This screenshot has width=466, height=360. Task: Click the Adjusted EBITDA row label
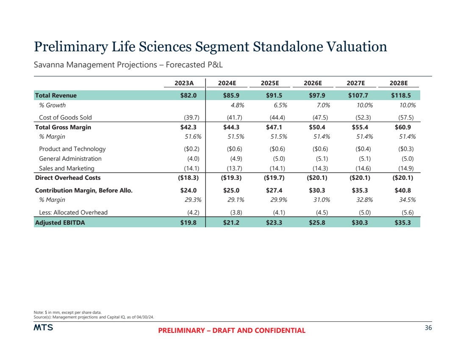(x=60, y=222)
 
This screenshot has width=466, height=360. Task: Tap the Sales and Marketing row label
(x=67, y=168)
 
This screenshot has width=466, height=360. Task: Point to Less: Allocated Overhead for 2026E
(x=320, y=212)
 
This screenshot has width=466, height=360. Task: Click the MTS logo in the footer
(x=43, y=329)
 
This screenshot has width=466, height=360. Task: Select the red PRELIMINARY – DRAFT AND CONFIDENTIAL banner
(x=232, y=331)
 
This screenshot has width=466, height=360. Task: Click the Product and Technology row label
(x=72, y=149)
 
